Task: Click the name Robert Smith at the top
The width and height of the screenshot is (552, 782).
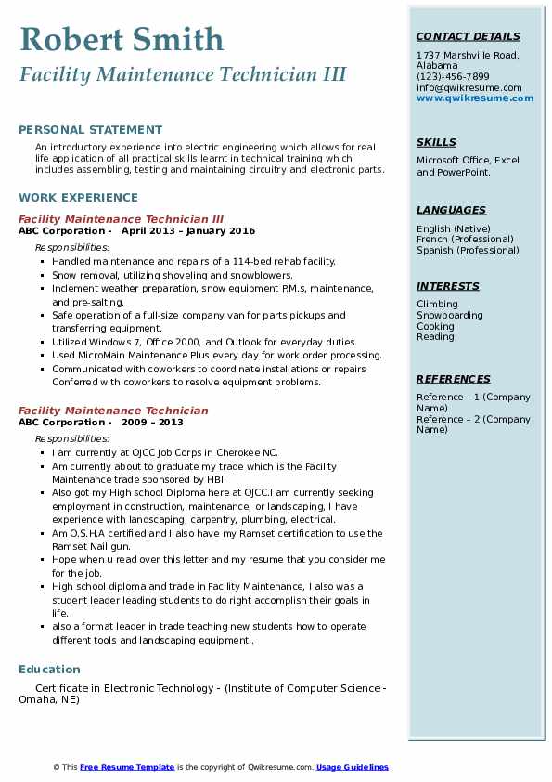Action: click(x=122, y=39)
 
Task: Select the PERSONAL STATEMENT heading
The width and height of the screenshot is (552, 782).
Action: click(x=90, y=130)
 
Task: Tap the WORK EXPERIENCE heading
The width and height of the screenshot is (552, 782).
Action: click(x=78, y=197)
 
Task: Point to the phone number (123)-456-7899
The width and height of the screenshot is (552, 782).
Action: click(x=453, y=77)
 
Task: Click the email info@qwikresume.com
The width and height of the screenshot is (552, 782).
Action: click(x=469, y=88)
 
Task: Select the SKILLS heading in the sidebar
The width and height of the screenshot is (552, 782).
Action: click(x=436, y=142)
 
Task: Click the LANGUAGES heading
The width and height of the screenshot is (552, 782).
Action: click(x=451, y=210)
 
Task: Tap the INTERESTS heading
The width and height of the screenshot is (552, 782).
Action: click(x=448, y=286)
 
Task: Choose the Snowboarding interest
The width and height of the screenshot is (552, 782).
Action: click(x=450, y=316)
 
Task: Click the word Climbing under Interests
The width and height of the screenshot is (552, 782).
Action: click(x=437, y=305)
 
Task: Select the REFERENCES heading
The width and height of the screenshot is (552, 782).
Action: click(x=454, y=379)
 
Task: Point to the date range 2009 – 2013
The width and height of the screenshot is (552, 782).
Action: click(x=152, y=423)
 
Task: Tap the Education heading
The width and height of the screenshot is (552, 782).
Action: click(x=49, y=670)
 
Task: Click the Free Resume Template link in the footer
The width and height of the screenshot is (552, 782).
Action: click(x=127, y=767)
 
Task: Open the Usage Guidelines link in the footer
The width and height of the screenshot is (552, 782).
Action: click(x=352, y=767)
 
